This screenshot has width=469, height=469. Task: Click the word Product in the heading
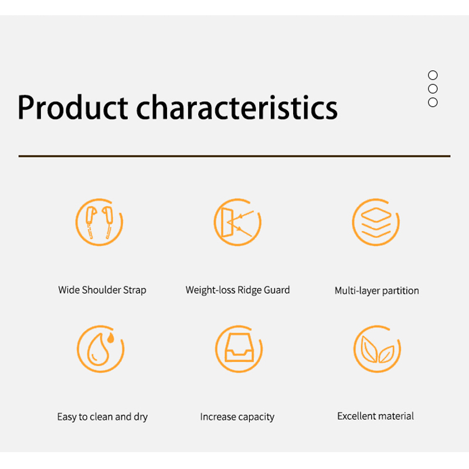(x=73, y=107)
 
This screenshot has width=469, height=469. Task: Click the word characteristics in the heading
(x=237, y=107)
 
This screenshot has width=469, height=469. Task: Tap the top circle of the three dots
(x=433, y=75)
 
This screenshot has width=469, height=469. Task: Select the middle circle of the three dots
(x=433, y=89)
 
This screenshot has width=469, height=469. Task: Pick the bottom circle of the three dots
(x=433, y=102)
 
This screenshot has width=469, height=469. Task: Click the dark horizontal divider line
(x=234, y=156)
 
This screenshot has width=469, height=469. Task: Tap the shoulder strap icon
(x=99, y=222)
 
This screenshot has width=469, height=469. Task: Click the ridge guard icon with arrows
(x=237, y=222)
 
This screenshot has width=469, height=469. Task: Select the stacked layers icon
(x=376, y=222)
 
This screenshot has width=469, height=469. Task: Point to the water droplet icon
(x=100, y=349)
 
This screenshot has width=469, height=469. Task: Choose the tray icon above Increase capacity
(x=239, y=349)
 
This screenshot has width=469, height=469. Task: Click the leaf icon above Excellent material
(x=377, y=349)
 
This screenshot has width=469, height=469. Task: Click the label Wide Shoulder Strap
(x=102, y=290)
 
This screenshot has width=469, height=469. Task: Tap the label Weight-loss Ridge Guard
(x=237, y=290)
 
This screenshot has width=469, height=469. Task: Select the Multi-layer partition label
(x=376, y=291)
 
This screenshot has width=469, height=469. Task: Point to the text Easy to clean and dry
(x=102, y=417)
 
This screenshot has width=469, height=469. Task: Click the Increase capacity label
(x=237, y=417)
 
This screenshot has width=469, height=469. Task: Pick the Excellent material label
(x=375, y=416)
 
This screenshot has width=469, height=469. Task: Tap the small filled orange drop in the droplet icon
(x=111, y=338)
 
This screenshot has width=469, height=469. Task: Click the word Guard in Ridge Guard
(x=277, y=290)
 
